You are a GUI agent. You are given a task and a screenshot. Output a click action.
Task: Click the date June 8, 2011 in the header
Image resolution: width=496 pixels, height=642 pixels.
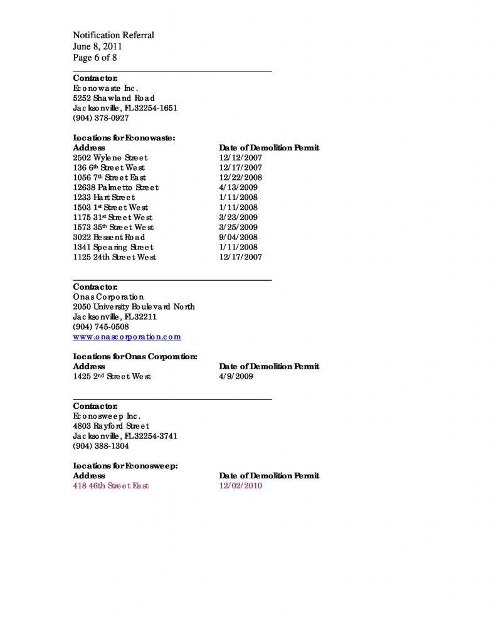click(x=97, y=46)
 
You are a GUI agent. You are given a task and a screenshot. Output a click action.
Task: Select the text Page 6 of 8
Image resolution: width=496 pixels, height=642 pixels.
click(x=95, y=58)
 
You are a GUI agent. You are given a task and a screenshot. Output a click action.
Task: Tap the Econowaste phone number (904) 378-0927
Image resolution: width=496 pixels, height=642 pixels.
click(x=101, y=118)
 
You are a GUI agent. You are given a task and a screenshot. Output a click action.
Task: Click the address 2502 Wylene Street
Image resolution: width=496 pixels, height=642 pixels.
click(x=110, y=158)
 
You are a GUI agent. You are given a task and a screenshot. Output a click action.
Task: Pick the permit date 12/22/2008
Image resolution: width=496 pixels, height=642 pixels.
click(x=241, y=178)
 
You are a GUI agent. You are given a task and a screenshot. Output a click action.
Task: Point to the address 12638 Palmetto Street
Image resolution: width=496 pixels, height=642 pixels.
click(x=116, y=187)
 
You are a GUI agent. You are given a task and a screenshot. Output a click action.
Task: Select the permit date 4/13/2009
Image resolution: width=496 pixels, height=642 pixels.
click(x=238, y=187)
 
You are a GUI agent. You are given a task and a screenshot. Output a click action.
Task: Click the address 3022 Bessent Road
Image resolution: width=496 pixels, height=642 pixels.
click(x=109, y=238)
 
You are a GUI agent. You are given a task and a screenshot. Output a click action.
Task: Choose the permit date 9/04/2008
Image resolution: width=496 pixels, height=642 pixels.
click(x=238, y=238)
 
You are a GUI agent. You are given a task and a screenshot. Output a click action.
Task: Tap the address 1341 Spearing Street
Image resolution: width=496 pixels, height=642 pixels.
click(x=113, y=248)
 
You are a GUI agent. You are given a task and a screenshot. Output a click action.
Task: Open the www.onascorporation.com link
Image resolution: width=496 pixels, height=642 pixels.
click(x=127, y=337)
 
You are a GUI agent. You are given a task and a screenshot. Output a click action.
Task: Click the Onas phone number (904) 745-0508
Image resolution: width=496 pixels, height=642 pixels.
click(x=101, y=327)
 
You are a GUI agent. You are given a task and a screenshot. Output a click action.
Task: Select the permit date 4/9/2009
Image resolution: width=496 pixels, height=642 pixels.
click(x=236, y=377)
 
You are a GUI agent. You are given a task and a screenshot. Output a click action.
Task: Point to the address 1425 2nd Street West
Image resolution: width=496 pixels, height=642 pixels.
click(x=112, y=377)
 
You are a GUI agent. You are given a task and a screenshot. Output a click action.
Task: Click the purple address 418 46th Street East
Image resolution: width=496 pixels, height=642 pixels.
click(x=111, y=486)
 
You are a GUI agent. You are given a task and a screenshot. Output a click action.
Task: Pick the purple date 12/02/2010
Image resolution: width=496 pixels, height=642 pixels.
click(x=241, y=486)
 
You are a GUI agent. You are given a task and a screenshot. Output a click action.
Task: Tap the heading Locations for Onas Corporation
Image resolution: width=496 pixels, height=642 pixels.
click(x=135, y=357)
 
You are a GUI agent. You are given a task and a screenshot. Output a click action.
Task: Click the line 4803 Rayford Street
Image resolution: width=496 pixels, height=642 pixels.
click(x=111, y=426)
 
